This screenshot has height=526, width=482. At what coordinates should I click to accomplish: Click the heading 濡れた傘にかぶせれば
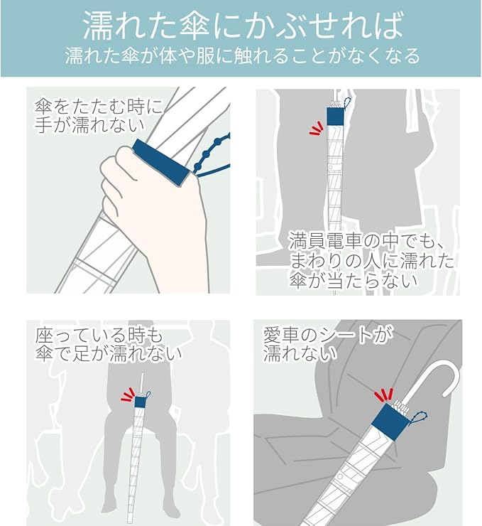click(243, 26)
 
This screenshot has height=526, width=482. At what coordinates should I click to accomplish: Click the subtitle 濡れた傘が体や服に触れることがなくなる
click(243, 55)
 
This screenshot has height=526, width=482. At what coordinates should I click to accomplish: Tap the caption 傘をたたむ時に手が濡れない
click(98, 116)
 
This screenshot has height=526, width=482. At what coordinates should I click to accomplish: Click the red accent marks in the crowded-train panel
click(316, 128)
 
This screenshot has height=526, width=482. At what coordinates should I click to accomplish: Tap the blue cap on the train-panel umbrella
click(335, 116)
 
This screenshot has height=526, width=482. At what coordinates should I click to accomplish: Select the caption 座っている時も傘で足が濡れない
click(108, 345)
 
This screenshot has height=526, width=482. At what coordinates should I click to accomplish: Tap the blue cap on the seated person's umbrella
click(140, 402)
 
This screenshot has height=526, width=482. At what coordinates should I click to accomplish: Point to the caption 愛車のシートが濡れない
click(328, 345)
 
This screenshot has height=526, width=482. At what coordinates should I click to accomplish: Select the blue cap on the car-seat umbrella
click(390, 422)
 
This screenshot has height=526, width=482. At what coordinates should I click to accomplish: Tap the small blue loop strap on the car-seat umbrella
click(419, 418)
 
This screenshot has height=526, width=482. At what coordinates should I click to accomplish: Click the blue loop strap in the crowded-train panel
click(346, 102)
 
